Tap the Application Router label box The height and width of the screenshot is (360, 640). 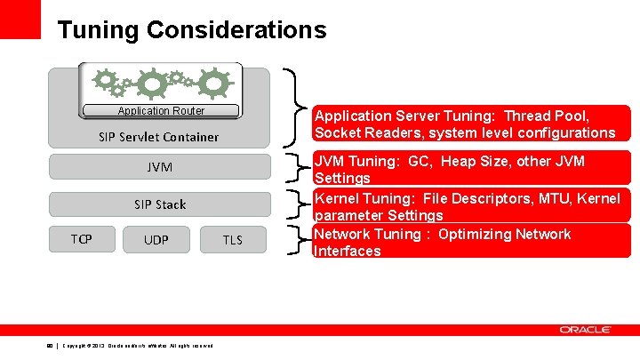pyautogui.click(x=161, y=111)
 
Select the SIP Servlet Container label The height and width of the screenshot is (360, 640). pyautogui.click(x=159, y=137)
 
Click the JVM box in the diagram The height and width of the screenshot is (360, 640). pyautogui.click(x=159, y=167)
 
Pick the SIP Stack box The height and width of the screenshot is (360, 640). pyautogui.click(x=159, y=204)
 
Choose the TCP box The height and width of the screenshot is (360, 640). pyautogui.click(x=81, y=238)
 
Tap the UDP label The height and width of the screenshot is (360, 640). pyautogui.click(x=156, y=240)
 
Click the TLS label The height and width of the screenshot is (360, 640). pyautogui.click(x=232, y=240)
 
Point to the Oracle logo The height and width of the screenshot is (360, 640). pyautogui.click(x=585, y=330)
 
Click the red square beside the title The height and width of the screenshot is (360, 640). pyautogui.click(x=20, y=19)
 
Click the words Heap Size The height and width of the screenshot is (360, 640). pyautogui.click(x=475, y=162)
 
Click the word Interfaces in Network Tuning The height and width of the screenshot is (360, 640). pyautogui.click(x=348, y=252)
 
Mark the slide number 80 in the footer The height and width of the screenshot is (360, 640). pyautogui.click(x=49, y=346)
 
